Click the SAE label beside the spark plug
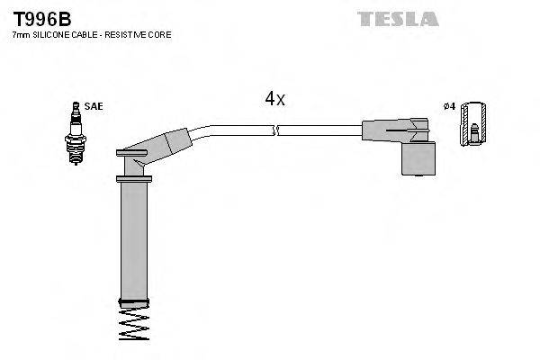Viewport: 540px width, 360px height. click(x=93, y=106)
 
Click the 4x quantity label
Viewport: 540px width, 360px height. click(x=274, y=100)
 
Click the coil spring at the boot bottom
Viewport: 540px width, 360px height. click(x=135, y=322)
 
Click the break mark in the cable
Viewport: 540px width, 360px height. click(x=275, y=130)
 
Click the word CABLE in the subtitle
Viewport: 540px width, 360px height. click(x=87, y=34)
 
